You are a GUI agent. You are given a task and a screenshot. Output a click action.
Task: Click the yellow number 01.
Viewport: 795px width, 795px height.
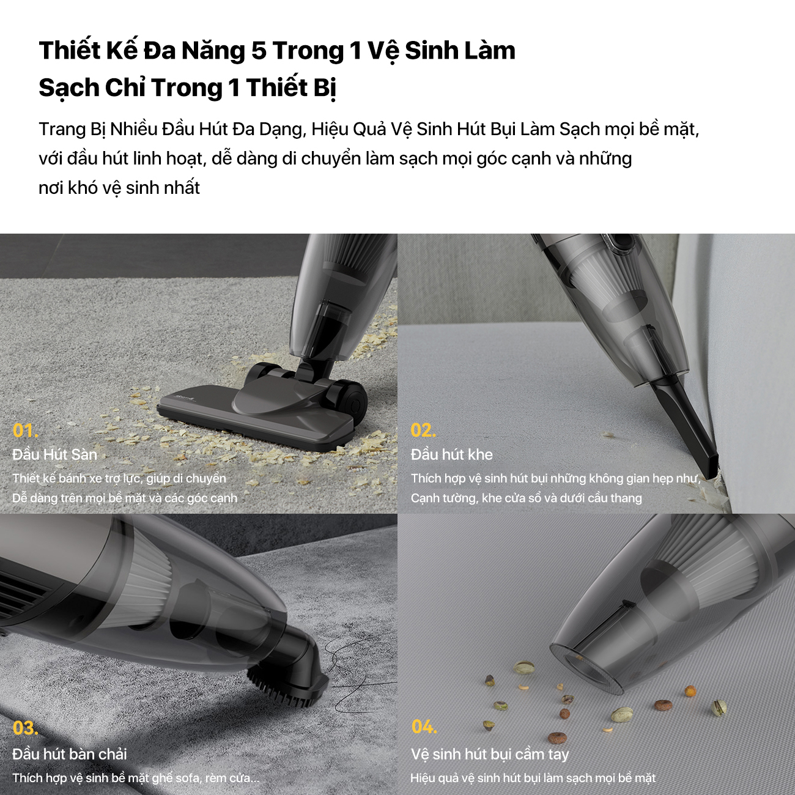point(26,431)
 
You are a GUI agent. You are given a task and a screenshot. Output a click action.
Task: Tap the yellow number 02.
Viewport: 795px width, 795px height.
point(423,431)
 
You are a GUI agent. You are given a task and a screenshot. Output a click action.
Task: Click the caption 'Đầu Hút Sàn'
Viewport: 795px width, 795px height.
point(55,454)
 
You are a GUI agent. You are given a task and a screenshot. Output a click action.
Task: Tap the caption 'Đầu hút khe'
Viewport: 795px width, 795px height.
point(452,454)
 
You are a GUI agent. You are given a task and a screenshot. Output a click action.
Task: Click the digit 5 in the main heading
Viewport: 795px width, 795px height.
point(259,51)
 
